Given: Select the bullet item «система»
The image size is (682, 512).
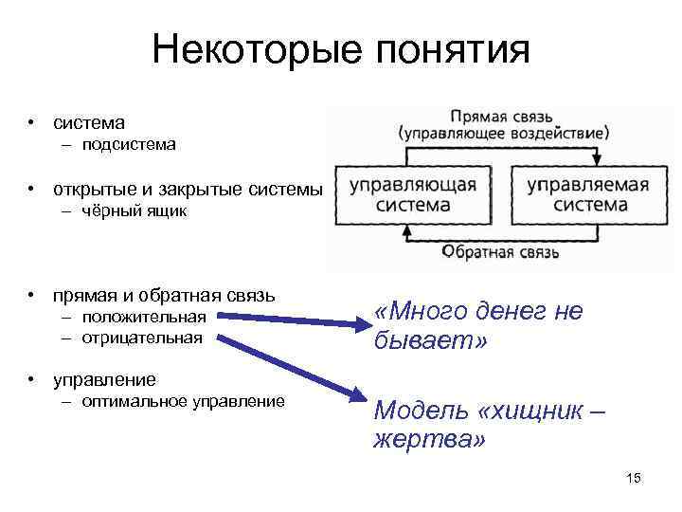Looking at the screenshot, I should [x=89, y=122].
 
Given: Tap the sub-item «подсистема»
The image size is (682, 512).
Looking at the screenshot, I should [x=129, y=145].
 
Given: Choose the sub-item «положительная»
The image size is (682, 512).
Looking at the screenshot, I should [x=144, y=316].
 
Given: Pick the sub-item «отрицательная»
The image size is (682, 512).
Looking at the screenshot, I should [x=142, y=337].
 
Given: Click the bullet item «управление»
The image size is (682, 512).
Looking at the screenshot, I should [x=105, y=379].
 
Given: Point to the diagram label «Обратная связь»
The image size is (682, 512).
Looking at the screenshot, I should [x=501, y=252].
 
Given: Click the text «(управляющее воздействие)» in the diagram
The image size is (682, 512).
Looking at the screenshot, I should [x=503, y=133].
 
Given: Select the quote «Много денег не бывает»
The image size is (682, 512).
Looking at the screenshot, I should [x=478, y=325].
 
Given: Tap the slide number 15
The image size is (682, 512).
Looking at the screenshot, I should [x=634, y=478].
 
